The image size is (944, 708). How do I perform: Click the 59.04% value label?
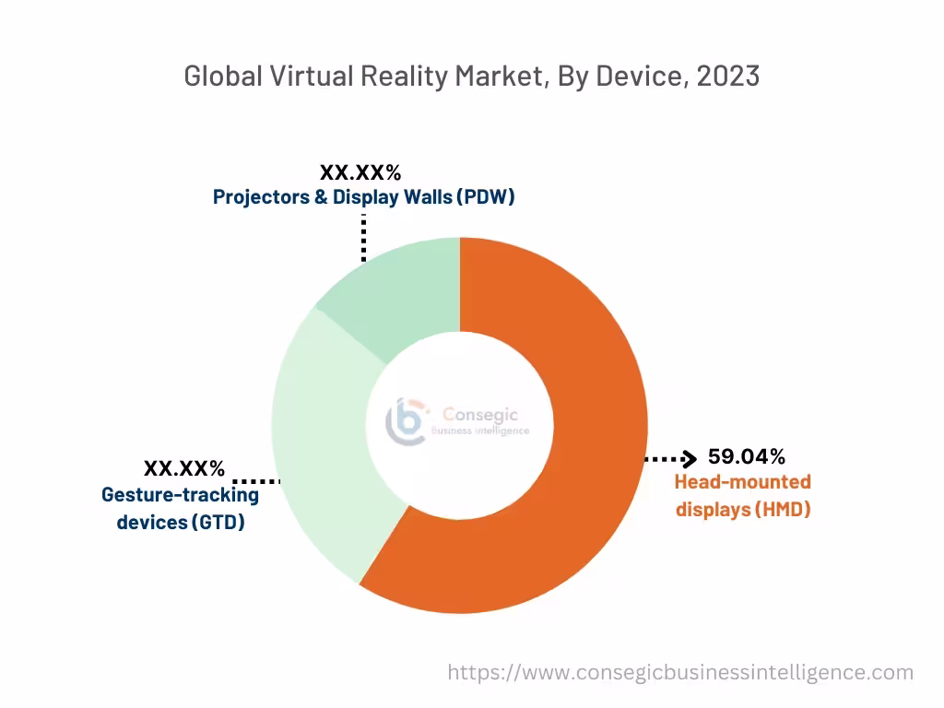coord(746,456)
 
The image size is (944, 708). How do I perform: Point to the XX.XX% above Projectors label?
coord(360,172)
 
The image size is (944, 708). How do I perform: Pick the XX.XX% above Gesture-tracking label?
coord(183,468)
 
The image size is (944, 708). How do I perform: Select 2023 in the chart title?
coord(727,77)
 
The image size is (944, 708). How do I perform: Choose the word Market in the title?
coord(495,77)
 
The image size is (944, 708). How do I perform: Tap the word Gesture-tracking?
coord(180,495)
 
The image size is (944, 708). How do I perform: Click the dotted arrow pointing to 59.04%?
coord(670,458)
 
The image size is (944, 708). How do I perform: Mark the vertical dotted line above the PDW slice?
coord(364,238)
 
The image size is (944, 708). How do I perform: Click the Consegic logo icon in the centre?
coord(408,420)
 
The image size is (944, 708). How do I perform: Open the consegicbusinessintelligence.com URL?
coord(680,672)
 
